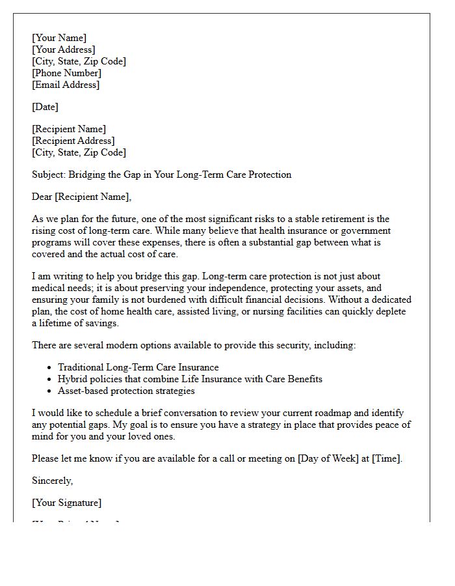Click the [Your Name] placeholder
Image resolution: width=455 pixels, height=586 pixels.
(59, 38)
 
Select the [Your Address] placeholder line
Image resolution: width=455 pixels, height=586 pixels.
(64, 49)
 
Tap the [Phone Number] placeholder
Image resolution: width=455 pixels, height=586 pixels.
(66, 73)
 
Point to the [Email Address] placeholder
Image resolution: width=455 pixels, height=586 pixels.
(66, 85)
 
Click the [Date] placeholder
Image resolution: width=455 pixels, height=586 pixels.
(45, 107)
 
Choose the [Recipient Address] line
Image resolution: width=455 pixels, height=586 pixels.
(73, 141)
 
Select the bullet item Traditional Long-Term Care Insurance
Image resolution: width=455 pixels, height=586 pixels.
(138, 367)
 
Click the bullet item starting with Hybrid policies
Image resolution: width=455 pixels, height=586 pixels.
(190, 379)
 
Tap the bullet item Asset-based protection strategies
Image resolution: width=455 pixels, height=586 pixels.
(126, 391)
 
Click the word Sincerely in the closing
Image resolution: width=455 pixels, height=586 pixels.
(52, 481)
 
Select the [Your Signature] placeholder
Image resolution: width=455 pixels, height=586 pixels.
(66, 503)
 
